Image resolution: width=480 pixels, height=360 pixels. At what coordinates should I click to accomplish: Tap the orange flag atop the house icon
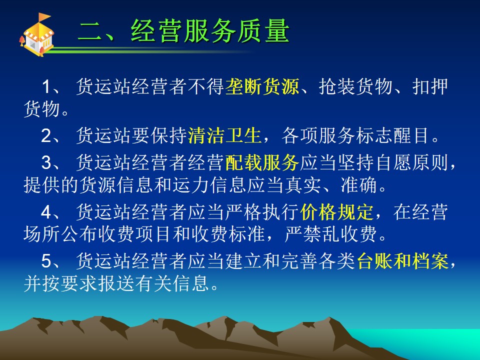pyautogui.click(x=44, y=17)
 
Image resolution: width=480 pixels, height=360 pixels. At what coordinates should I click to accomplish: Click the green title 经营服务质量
pyautogui.click(x=210, y=30)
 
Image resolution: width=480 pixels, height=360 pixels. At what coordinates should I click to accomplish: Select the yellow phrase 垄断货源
pyautogui.click(x=262, y=86)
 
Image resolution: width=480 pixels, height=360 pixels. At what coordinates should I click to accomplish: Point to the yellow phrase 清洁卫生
pyautogui.click(x=224, y=135)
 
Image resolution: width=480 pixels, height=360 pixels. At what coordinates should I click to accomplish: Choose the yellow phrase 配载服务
pyautogui.click(x=262, y=162)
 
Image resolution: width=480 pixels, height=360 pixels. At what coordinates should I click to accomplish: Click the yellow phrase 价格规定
pyautogui.click(x=336, y=212)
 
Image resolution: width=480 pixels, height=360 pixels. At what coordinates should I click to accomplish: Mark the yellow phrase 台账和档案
pyautogui.click(x=402, y=261)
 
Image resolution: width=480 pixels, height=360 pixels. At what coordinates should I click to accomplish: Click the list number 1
pyautogui.click(x=46, y=86)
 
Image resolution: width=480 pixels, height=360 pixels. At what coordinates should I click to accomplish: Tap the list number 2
pyautogui.click(x=46, y=135)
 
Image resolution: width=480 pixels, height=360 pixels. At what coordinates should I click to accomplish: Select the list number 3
pyautogui.click(x=46, y=162)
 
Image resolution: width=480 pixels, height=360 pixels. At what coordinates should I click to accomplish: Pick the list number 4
pyautogui.click(x=46, y=212)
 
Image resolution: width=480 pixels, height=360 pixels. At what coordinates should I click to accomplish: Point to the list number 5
pyautogui.click(x=46, y=261)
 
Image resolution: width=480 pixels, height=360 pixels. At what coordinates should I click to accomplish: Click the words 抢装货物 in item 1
pyautogui.click(x=355, y=86)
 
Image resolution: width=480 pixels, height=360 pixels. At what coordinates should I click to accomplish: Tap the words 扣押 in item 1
pyautogui.click(x=430, y=86)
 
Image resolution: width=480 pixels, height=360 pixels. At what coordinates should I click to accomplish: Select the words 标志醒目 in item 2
pyautogui.click(x=392, y=135)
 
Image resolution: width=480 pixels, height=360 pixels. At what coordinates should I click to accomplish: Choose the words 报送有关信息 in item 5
pyautogui.click(x=154, y=283)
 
